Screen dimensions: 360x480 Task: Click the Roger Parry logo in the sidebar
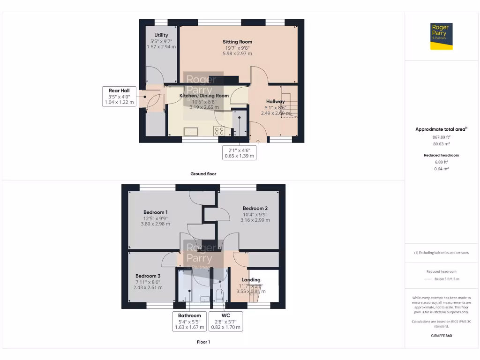click(442, 36)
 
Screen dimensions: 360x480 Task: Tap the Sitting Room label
click(237, 42)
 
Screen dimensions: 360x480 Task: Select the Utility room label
click(161, 35)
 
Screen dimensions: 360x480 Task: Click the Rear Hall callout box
click(119, 96)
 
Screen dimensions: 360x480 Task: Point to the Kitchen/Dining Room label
click(204, 96)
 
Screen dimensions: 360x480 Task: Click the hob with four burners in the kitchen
click(219, 131)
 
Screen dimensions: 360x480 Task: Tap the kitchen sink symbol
click(191, 131)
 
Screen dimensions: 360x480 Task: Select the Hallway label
click(276, 101)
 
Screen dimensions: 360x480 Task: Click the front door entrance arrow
click(258, 140)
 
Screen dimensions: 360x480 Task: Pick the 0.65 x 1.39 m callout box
click(239, 152)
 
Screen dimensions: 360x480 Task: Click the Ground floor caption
click(203, 174)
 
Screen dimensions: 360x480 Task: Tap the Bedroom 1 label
click(155, 212)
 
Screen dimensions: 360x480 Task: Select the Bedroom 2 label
click(255, 208)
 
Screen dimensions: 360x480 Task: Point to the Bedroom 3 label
click(148, 276)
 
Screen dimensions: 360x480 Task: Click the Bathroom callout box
click(189, 322)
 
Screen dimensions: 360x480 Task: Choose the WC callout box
click(226, 322)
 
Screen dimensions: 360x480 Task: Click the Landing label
click(251, 280)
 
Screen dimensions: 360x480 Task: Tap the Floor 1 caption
click(203, 342)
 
